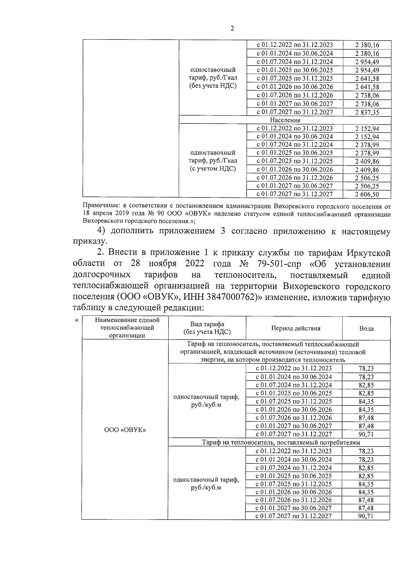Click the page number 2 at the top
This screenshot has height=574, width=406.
click(x=232, y=28)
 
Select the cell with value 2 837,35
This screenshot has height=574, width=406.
click(x=367, y=112)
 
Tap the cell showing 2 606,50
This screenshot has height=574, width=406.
click(x=367, y=194)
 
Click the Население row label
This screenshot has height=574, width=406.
click(x=285, y=120)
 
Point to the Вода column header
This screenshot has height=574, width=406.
click(x=366, y=328)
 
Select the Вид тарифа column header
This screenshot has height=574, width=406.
click(x=207, y=328)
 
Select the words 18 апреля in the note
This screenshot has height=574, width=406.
click(x=97, y=214)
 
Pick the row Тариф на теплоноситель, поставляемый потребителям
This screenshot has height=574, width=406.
click(x=280, y=442)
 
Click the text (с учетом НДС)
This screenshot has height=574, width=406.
click(x=212, y=169)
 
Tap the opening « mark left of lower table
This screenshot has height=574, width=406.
click(x=77, y=320)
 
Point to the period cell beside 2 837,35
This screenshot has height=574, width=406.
click(x=294, y=112)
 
